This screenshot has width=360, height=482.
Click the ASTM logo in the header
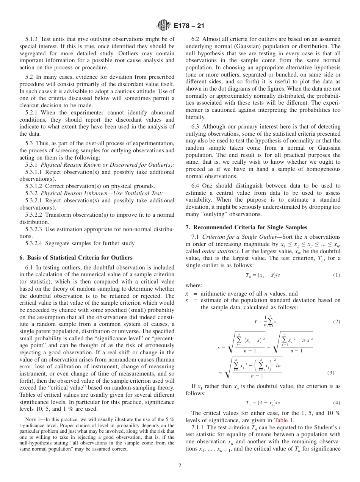[164, 26]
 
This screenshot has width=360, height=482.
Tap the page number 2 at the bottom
[180, 466]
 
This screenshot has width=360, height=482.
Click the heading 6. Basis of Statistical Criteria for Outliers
[76, 258]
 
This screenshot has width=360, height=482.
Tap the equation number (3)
[331, 372]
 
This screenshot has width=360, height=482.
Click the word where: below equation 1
[194, 285]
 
